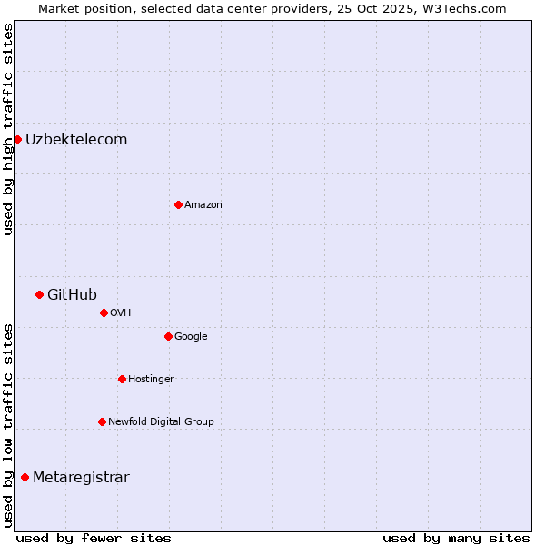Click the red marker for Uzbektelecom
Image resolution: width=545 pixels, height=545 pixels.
pos(17,139)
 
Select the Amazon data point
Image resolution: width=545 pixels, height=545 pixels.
pos(178,204)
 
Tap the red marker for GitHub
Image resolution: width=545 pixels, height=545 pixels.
pos(39,294)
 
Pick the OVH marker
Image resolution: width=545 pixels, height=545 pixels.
pos(104,312)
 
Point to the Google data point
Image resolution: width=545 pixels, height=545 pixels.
pos(168,336)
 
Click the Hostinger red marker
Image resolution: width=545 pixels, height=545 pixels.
pos(122,379)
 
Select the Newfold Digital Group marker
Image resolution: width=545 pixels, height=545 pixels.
pos(102,421)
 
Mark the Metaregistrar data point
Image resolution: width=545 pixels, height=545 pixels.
pos(25,477)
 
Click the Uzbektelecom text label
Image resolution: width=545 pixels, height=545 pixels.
pos(76,139)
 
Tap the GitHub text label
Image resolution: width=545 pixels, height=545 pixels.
pos(72,294)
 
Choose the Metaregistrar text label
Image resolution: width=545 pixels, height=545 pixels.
pos(81,477)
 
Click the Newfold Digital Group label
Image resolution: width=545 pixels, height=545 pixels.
pos(161,421)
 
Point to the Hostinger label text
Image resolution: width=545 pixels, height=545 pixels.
pos(151,379)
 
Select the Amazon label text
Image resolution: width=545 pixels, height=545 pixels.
pos(203,204)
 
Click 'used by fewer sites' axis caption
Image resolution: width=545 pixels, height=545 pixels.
pos(94,538)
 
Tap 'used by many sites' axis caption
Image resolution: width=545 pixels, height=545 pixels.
pos(456,538)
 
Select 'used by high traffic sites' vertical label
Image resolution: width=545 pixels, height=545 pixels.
pos(8,129)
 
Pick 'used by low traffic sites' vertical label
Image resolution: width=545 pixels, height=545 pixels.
pos(8,424)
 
